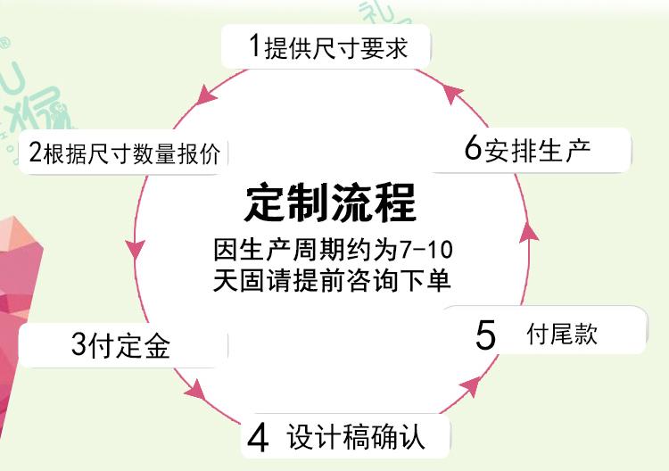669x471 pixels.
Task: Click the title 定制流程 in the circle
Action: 330,202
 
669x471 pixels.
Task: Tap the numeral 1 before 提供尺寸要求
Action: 255,45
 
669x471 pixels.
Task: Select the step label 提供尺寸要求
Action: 336,47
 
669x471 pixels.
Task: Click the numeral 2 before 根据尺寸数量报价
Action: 35,152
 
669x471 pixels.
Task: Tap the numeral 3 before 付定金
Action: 78,343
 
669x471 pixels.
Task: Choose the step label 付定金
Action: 128,344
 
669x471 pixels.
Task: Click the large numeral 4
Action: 258,437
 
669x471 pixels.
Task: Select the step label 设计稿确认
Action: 356,436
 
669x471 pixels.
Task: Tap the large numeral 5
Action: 485,335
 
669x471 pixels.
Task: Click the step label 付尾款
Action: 561,334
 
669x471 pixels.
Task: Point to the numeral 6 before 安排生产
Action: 473,147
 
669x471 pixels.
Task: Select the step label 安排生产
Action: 537,150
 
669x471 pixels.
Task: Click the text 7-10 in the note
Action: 426,250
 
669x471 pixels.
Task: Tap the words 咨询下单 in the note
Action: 398,280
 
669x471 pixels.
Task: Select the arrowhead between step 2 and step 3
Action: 136,248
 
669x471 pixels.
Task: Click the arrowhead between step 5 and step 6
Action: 529,233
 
